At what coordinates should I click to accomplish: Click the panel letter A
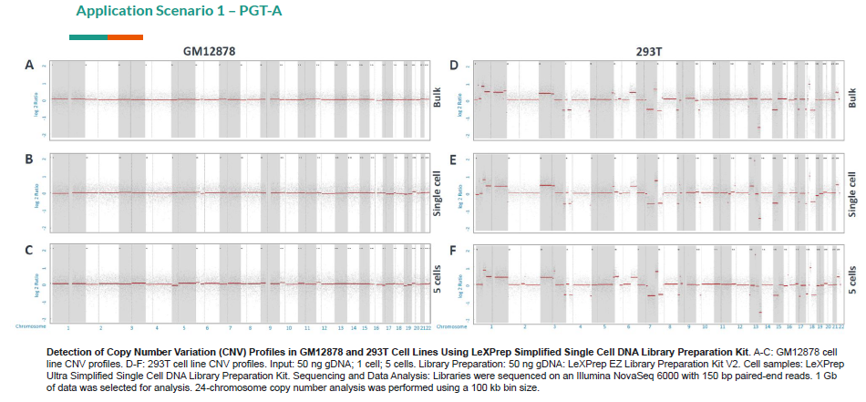pos(28,66)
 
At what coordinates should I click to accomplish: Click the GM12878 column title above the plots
pos(207,53)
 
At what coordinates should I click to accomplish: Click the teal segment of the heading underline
pos(88,36)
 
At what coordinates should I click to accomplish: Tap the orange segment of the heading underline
pos(125,36)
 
